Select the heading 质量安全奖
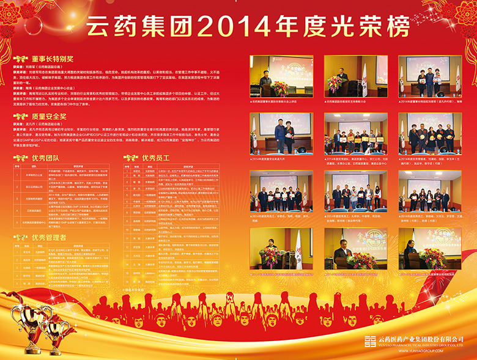[x=49, y=116]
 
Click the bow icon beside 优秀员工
[x=130, y=157]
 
